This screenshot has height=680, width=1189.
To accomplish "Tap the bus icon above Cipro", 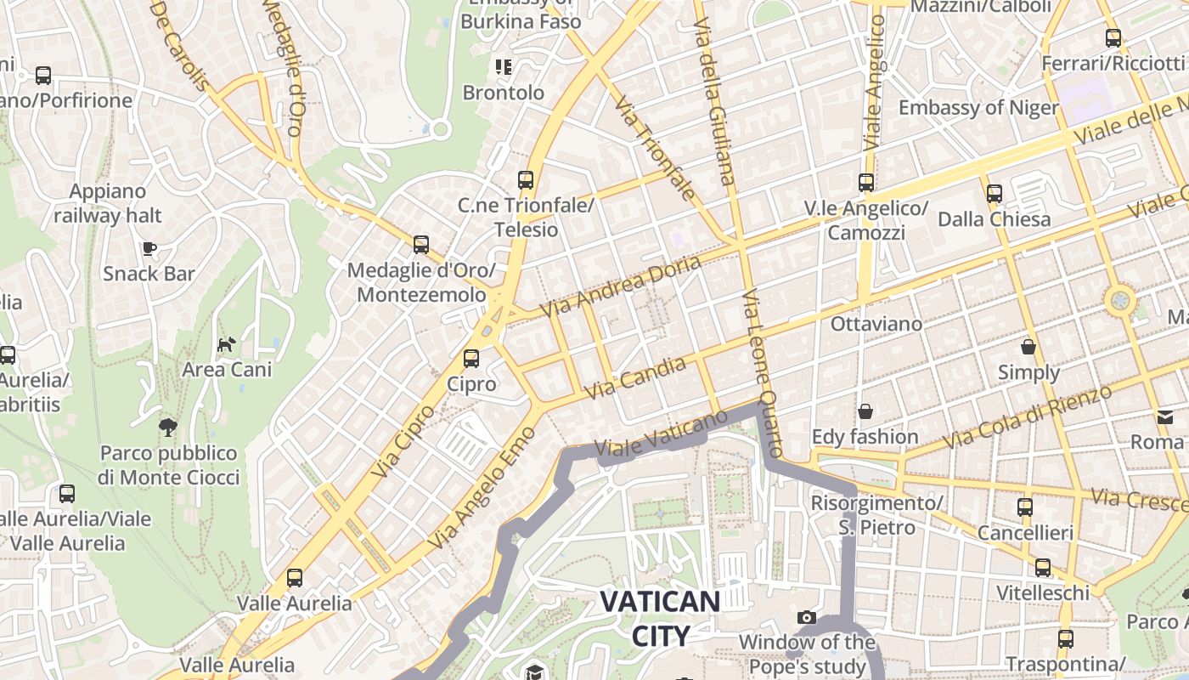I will point(471,359).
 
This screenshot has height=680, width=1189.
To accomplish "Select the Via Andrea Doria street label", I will point(620,286).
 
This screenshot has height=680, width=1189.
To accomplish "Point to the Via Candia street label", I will point(636,378).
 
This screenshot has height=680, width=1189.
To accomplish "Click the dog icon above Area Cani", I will point(227,344).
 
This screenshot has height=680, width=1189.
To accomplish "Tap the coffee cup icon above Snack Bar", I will point(149,248).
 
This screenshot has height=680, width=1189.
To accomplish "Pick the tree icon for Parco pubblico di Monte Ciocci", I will point(168,427).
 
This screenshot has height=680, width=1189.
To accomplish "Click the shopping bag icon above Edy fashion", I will point(865,411).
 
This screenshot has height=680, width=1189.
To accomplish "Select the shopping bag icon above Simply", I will point(1028,347).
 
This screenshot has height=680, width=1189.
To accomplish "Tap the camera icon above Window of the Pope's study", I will point(807,617).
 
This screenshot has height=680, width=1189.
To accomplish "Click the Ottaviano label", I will point(876,324).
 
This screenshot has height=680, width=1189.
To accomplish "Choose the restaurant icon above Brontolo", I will point(504,66).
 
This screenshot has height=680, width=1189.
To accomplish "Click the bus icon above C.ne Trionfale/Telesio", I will point(526,180).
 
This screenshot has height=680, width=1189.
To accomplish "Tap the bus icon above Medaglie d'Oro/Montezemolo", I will point(421,245).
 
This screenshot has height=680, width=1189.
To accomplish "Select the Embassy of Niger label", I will point(978,108).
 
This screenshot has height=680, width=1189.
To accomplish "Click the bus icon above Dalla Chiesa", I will point(995,194).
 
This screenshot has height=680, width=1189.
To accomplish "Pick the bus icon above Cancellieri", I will point(1025,507).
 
